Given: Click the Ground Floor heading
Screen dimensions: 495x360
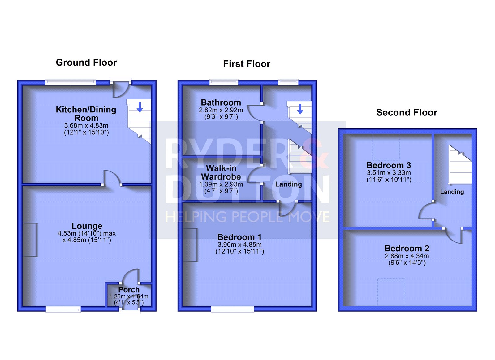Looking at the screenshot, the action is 86,63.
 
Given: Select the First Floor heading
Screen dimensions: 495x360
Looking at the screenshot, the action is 247,64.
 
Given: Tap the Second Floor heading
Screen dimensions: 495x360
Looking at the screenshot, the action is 407,113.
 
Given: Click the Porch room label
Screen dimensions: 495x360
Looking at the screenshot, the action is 129,289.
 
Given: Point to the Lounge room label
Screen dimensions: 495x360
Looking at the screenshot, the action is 87,226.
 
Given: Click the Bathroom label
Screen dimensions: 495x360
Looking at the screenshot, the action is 221,102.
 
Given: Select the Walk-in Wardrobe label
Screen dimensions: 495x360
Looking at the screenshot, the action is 221,172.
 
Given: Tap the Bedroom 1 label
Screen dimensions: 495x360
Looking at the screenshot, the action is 239,237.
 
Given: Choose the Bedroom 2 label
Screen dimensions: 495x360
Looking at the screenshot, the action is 407,249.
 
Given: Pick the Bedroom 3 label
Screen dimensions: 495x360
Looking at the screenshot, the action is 389,165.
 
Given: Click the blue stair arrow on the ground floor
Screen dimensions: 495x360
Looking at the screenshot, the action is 140,107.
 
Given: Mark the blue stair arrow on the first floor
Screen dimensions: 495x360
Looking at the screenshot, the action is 300,109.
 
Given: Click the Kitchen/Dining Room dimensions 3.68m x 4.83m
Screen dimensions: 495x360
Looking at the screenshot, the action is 86,126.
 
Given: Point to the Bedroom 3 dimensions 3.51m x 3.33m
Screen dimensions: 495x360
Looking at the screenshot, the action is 389,173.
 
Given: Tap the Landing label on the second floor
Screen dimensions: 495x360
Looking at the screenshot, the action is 452,192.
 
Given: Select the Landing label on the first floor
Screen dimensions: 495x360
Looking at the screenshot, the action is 288,184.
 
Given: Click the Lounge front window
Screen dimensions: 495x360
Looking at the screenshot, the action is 63,309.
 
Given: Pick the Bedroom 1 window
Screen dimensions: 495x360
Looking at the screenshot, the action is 232,309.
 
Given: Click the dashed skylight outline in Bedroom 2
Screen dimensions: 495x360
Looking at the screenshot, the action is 391,292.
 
